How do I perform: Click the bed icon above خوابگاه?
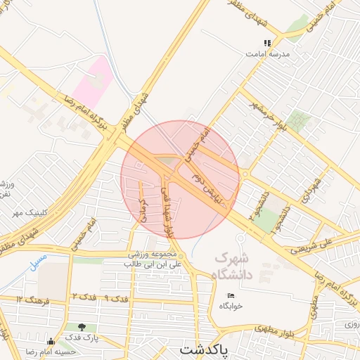click(231, 295)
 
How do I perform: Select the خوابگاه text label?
click(231, 306)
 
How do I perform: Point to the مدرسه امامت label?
click(267, 53)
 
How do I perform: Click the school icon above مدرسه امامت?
click(267, 43)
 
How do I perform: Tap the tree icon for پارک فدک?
click(84, 327)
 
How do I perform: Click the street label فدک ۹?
click(117, 299)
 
